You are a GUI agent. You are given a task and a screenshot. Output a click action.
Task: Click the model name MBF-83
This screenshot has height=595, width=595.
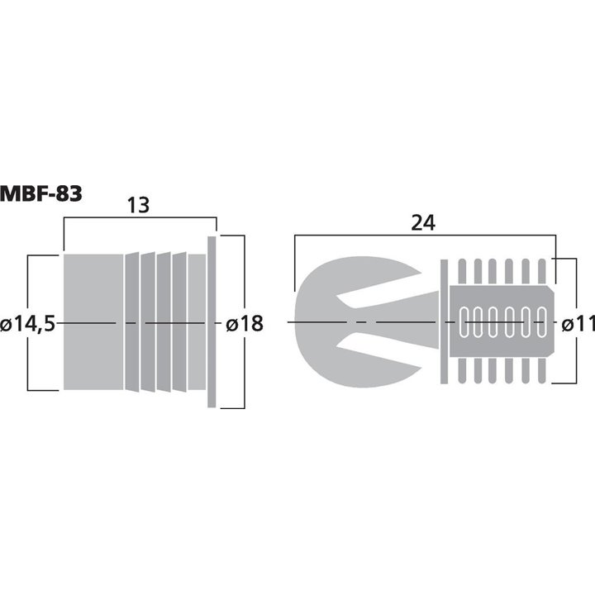41,195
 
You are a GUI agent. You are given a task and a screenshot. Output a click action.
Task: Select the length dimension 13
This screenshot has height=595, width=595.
138,206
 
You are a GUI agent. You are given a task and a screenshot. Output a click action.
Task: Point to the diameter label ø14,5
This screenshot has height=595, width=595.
28,324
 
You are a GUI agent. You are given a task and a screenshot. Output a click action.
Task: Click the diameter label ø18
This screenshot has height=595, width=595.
244,324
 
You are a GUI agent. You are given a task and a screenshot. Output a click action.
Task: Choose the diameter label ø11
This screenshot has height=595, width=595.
578,324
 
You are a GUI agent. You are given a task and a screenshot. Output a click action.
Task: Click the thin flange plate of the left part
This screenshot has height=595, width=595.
212,322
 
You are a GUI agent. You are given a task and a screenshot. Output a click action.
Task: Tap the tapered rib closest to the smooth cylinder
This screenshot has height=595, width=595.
131,322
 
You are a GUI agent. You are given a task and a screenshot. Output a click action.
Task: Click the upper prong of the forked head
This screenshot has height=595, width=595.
347,277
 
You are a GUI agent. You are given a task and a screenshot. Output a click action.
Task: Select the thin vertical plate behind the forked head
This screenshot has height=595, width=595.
443,322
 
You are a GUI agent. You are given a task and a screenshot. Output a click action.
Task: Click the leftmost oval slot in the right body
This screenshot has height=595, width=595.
464,322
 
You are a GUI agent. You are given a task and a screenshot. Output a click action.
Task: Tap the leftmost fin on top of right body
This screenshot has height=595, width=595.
462,272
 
